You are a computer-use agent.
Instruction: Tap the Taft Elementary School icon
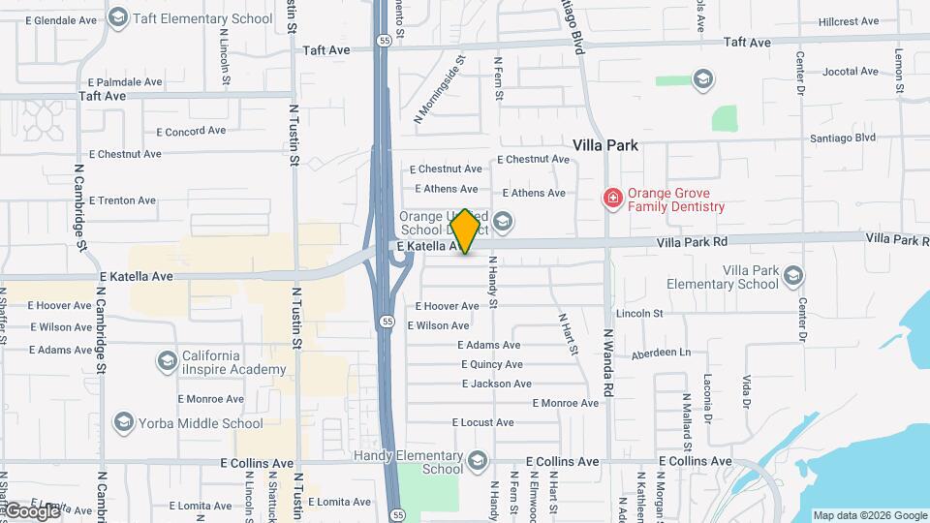tap(118, 17)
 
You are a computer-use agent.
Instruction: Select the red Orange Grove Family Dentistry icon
tap(612, 199)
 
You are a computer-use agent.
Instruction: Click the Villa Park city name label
tap(605, 145)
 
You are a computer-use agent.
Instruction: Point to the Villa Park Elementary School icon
tap(793, 276)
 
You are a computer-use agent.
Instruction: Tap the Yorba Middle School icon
tap(123, 422)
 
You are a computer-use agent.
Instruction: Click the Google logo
tap(31, 510)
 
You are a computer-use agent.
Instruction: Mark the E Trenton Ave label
tap(122, 200)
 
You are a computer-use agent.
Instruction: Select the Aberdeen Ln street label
tap(661, 354)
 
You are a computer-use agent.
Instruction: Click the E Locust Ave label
tap(482, 422)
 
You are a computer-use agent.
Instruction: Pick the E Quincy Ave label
tap(491, 365)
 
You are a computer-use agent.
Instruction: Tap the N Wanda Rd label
tap(608, 363)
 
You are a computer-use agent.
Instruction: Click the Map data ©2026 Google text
tap(869, 515)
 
